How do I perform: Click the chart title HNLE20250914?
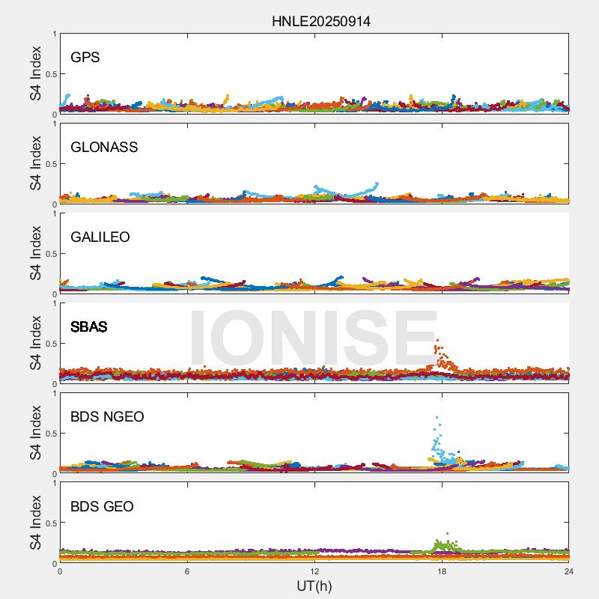pos(320,21)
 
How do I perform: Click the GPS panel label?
pos(85,58)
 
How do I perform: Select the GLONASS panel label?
pos(104,148)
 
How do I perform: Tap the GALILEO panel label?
pos(100,237)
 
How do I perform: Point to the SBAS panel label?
pos(88,327)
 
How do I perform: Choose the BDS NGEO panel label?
pos(107,417)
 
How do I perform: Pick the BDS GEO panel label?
pos(102,507)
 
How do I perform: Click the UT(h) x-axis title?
pos(314,586)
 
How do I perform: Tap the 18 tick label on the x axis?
pos(442,572)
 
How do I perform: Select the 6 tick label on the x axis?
pos(187,572)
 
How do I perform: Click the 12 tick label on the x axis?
pos(314,572)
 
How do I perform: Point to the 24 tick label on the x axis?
pos(569,572)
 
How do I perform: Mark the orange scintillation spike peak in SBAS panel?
pos(437,341)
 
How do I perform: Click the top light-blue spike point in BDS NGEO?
pos(437,417)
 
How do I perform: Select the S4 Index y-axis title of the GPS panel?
pos(36,74)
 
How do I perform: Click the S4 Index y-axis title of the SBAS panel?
pos(36,344)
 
